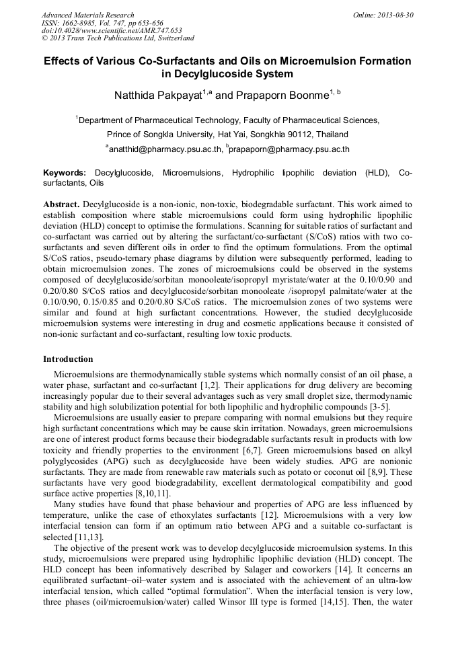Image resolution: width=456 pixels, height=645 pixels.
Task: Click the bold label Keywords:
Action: (x=65, y=173)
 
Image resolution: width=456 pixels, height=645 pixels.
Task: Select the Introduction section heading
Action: (x=68, y=359)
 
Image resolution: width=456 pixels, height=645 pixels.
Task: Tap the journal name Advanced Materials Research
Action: (x=88, y=15)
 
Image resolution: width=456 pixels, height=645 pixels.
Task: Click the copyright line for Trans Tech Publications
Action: (x=118, y=38)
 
